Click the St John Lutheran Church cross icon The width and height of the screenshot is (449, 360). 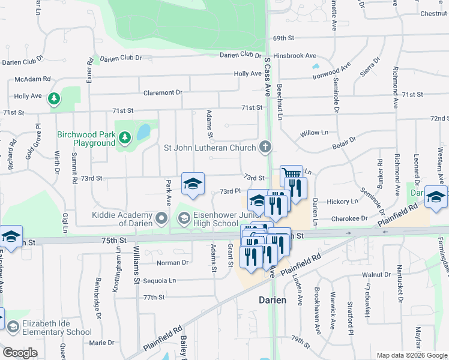click(265, 147)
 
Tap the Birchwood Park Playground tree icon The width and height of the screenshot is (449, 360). click(125, 139)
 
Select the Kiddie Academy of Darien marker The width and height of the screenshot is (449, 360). click(161, 219)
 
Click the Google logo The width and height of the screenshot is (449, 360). click(20, 353)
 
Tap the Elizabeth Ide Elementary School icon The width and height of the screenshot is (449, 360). click(13, 326)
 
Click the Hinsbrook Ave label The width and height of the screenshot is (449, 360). click(294, 55)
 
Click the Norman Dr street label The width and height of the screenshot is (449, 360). click(173, 263)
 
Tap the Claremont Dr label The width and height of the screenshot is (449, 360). click(162, 92)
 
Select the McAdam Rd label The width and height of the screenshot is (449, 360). click(32, 79)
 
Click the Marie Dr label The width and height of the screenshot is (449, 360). click(101, 343)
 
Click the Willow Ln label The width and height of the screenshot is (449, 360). click(315, 132)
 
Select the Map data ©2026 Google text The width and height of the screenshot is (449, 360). click(411, 355)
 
